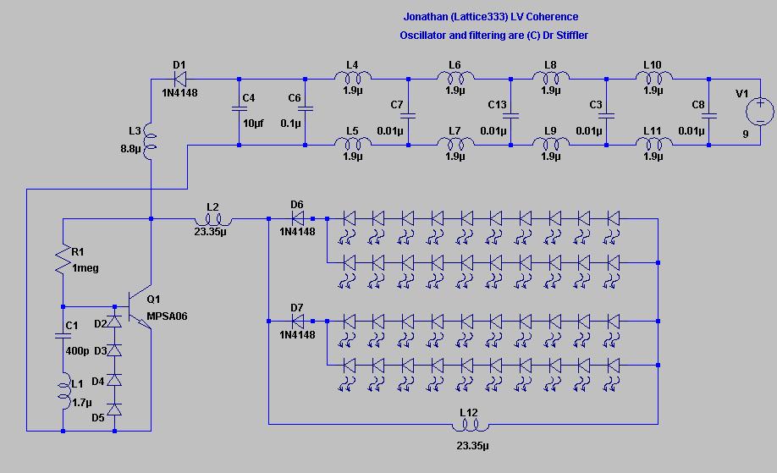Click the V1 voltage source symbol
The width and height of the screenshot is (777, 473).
coord(760,112)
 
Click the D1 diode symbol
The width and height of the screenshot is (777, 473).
coord(180,79)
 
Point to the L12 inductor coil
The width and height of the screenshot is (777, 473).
coord(470,425)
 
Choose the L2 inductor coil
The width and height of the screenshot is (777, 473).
coord(213,219)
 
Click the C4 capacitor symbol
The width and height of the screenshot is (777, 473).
coord(239,108)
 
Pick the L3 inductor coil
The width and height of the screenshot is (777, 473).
coord(150,141)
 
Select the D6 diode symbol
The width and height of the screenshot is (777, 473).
coord(298,218)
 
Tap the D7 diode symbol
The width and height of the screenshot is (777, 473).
coord(298,322)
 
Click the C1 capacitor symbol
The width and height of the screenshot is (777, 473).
coord(63,336)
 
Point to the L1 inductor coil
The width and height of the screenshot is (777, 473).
coord(64,391)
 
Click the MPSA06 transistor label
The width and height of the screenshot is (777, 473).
coord(167,316)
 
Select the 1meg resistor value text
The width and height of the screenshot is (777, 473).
coord(85,268)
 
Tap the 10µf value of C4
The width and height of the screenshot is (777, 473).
coord(253,123)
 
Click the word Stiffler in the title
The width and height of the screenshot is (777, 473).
coord(570,36)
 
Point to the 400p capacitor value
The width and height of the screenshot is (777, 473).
coord(77,350)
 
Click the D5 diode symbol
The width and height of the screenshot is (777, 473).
coord(114,410)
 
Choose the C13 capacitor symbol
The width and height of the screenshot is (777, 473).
coord(510,115)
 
